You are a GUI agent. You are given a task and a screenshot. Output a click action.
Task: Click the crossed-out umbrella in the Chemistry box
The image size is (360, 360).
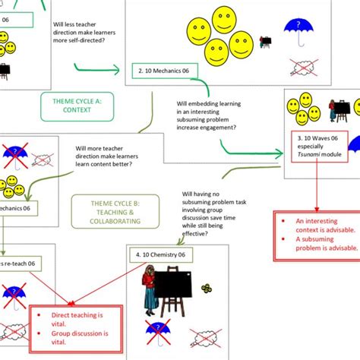pyautogui.click(x=159, y=330)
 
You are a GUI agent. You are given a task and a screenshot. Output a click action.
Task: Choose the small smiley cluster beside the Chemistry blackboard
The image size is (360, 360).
pyautogui.click(x=207, y=289)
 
